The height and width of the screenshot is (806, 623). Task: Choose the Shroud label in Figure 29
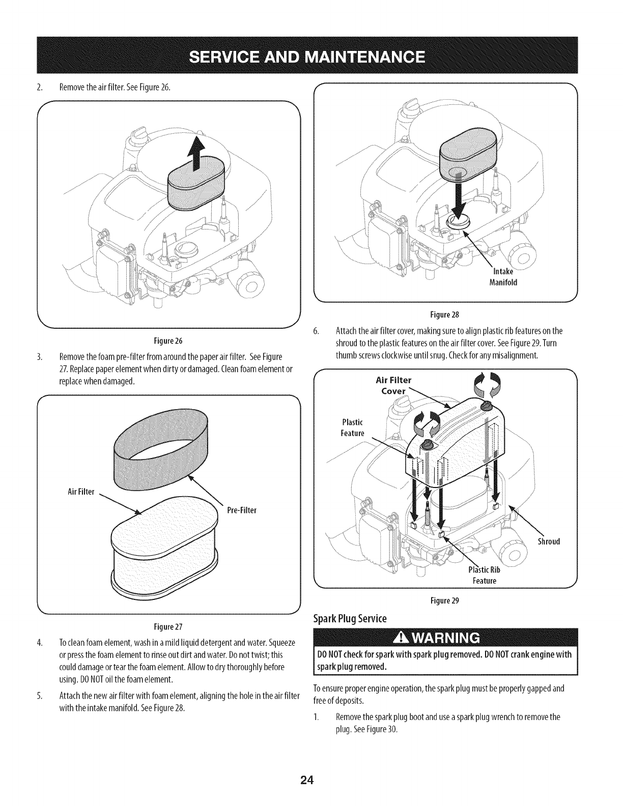tap(549, 541)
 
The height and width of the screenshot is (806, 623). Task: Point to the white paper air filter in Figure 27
tap(163, 544)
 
